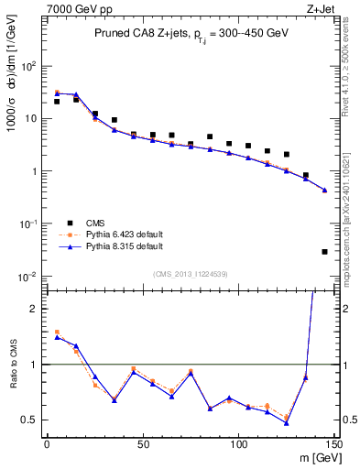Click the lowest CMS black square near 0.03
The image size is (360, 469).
point(325,251)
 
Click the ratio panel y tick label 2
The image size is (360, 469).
point(33,309)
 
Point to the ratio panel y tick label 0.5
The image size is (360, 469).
point(28,420)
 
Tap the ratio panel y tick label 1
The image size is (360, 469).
point(33,365)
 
